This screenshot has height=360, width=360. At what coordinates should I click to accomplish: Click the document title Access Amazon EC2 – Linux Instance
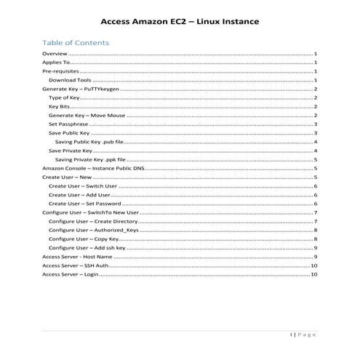click(179, 23)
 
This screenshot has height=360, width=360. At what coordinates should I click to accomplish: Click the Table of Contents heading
click(76, 42)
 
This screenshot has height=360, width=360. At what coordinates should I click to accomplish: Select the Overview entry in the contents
click(55, 55)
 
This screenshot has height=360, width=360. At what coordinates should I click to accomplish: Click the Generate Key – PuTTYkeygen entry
click(80, 89)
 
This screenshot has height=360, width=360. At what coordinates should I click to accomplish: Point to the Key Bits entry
click(60, 106)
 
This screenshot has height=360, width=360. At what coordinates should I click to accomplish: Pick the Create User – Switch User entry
click(82, 186)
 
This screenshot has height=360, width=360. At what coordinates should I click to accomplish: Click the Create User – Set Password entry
click(84, 204)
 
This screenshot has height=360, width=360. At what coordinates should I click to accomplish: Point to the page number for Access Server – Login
click(313, 275)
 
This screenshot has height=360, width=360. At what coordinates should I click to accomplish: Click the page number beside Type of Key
click(316, 97)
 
